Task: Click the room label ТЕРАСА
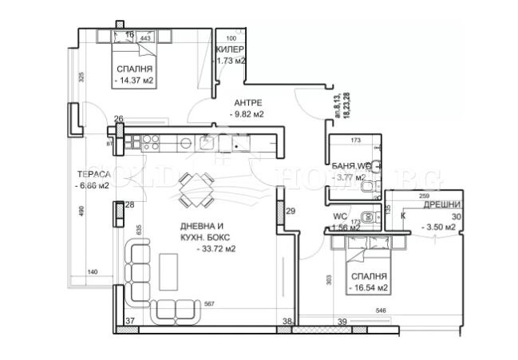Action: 93,174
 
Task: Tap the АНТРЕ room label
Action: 248,103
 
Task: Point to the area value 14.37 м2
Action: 133,80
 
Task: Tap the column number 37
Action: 131,322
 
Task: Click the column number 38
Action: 286,322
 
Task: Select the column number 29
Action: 291,211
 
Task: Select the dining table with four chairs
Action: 196,191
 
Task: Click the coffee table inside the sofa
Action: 168,271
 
